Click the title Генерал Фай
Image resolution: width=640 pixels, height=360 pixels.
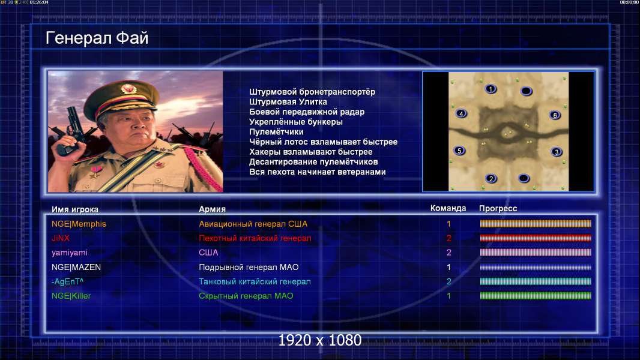(97, 38)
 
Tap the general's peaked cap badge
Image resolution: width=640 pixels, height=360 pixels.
(128, 88)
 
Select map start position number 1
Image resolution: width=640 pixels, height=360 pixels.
(491, 89)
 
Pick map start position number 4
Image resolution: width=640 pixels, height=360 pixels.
(461, 114)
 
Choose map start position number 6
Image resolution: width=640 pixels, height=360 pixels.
(555, 115)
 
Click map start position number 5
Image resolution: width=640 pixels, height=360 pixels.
(459, 151)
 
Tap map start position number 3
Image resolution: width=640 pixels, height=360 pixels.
(557, 152)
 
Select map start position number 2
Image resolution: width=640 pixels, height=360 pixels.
(491, 178)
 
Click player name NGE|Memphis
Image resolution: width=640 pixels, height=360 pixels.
(79, 224)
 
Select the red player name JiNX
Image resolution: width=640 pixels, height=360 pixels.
(61, 238)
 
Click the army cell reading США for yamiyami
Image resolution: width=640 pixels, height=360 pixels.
(208, 253)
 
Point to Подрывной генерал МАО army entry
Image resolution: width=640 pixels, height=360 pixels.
(249, 267)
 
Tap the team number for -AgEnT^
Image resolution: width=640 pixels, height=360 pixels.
(448, 281)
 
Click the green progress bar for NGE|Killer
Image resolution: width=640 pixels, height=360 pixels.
(536, 296)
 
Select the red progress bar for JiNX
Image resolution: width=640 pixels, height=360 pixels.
(536, 238)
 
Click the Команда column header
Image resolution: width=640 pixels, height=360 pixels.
(448, 208)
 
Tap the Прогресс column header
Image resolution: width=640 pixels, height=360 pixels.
(498, 208)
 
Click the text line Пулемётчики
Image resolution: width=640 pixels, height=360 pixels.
(276, 131)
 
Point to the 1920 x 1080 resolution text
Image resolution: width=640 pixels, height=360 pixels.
(320, 340)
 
